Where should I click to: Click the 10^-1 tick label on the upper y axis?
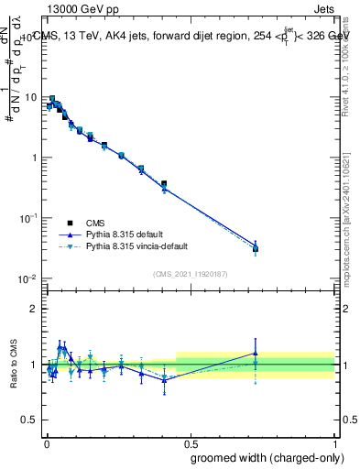coord(29,218)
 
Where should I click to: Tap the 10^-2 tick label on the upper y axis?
coord(29,278)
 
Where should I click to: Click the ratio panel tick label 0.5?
coord(30,422)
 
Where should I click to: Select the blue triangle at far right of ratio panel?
coord(256,353)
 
